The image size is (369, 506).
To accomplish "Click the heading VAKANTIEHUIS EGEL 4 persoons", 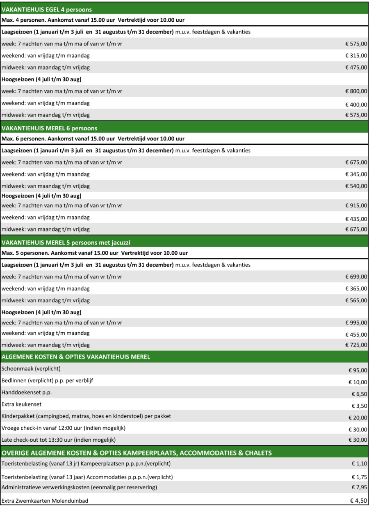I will [x=47, y=9].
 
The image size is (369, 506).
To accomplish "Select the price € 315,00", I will [x=356, y=56].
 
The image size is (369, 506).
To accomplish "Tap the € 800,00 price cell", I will [x=356, y=91].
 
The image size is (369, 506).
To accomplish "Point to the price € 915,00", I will [x=356, y=206].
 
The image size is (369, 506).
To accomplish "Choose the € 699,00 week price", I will [x=356, y=277].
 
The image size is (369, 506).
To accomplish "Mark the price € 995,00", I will [x=356, y=323].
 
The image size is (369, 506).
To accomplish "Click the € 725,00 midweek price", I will [x=356, y=345].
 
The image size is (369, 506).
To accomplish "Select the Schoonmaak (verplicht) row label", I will [x=31, y=368].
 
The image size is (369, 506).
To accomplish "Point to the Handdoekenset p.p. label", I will [x=27, y=392].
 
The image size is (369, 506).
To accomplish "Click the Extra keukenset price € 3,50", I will [x=360, y=406].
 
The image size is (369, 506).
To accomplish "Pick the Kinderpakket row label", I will [x=86, y=416].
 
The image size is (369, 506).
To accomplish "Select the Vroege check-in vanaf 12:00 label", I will [x=64, y=428].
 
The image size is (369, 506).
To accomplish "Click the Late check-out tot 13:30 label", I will [x=59, y=440].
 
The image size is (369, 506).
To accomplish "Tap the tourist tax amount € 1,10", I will [x=360, y=464].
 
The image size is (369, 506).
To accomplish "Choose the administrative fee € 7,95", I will [x=360, y=487].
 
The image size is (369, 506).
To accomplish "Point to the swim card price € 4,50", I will [x=359, y=500].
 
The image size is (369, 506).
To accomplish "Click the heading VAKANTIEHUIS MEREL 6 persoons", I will [x=50, y=128].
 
